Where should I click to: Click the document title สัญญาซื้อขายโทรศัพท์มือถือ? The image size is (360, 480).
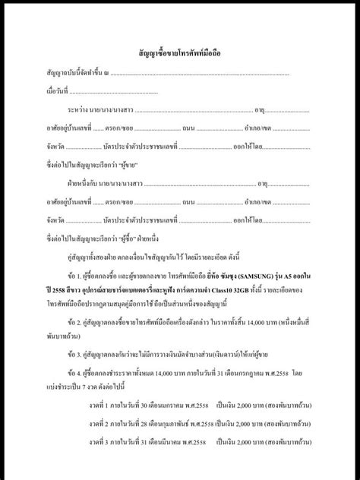tap(180, 55)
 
